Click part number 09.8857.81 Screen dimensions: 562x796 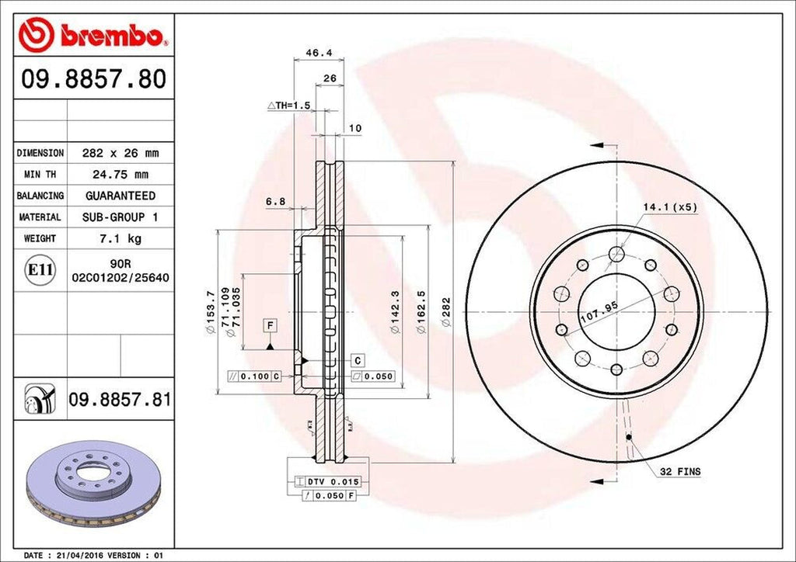(119, 401)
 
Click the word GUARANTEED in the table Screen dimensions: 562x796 (120, 196)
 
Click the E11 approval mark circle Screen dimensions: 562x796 (40, 270)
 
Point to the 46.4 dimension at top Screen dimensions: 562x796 (314, 54)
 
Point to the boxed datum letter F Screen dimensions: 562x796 (270, 324)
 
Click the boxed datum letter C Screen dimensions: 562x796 (358, 360)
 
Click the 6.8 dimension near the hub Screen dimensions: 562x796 (275, 202)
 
